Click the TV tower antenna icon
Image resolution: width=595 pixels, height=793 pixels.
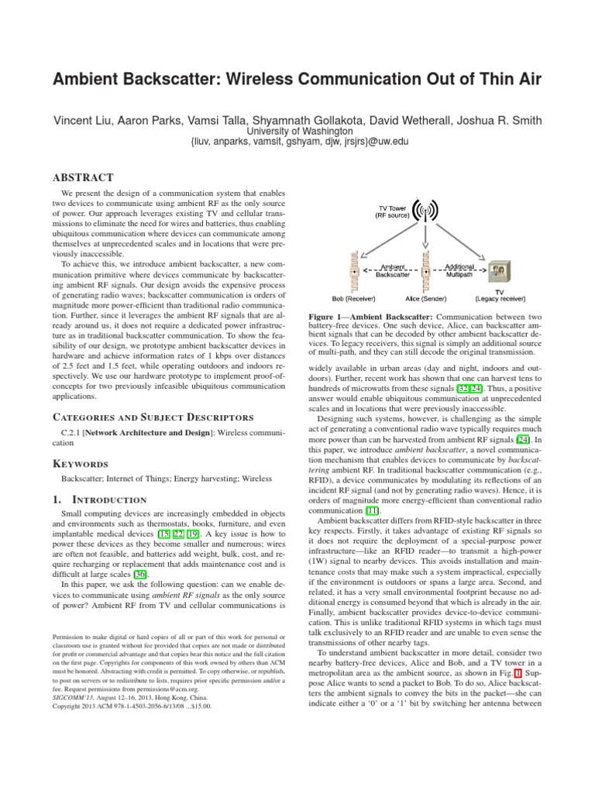click(424, 211)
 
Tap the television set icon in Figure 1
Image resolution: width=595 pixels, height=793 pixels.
click(498, 272)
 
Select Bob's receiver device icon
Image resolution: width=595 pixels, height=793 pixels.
click(354, 272)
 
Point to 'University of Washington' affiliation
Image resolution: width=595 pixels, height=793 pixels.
click(297, 131)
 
